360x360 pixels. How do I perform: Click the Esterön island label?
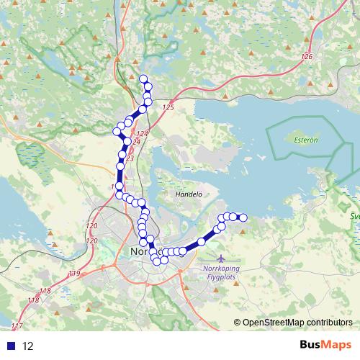click(306, 140)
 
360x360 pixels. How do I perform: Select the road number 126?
click(308, 56)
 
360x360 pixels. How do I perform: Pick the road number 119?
click(75, 274)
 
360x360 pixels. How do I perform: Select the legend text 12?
click(28, 346)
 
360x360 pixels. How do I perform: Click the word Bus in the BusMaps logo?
click(312, 345)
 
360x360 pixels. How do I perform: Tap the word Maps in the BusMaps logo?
click(338, 345)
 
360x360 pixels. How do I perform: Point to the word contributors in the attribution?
click(328, 323)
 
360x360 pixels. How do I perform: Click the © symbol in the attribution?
click(238, 323)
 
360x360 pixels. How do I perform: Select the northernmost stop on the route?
click(143, 79)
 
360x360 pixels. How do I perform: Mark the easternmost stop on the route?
click(243, 217)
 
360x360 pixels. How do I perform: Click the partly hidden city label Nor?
click(138, 253)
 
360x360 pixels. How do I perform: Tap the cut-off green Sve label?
click(354, 215)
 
